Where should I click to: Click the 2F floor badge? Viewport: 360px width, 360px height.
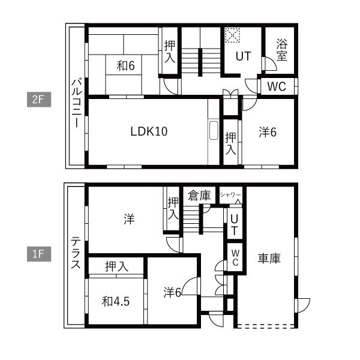39,100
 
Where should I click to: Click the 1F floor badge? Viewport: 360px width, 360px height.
39,254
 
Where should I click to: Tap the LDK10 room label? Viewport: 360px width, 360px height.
149,131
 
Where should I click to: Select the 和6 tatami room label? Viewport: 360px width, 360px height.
125,66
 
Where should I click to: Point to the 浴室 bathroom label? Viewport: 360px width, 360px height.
282,50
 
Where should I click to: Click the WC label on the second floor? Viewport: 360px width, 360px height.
277,86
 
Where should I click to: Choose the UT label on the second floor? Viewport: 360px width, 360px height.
244,56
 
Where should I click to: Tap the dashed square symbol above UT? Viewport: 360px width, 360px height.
232,35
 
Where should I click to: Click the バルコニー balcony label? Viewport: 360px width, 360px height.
76,103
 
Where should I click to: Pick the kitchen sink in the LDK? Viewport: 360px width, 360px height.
214,130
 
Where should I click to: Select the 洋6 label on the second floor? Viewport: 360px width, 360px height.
268,132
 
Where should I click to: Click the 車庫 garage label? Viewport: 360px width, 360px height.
269,258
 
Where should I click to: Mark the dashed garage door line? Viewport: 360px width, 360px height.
266,325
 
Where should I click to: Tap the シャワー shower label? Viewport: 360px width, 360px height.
230,195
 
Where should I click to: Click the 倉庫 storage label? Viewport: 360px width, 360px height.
199,196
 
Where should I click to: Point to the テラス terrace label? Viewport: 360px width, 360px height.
76,253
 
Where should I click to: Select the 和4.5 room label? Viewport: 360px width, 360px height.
116,301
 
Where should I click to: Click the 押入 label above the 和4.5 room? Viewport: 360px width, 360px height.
116,266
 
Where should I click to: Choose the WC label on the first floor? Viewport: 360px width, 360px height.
235,258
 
